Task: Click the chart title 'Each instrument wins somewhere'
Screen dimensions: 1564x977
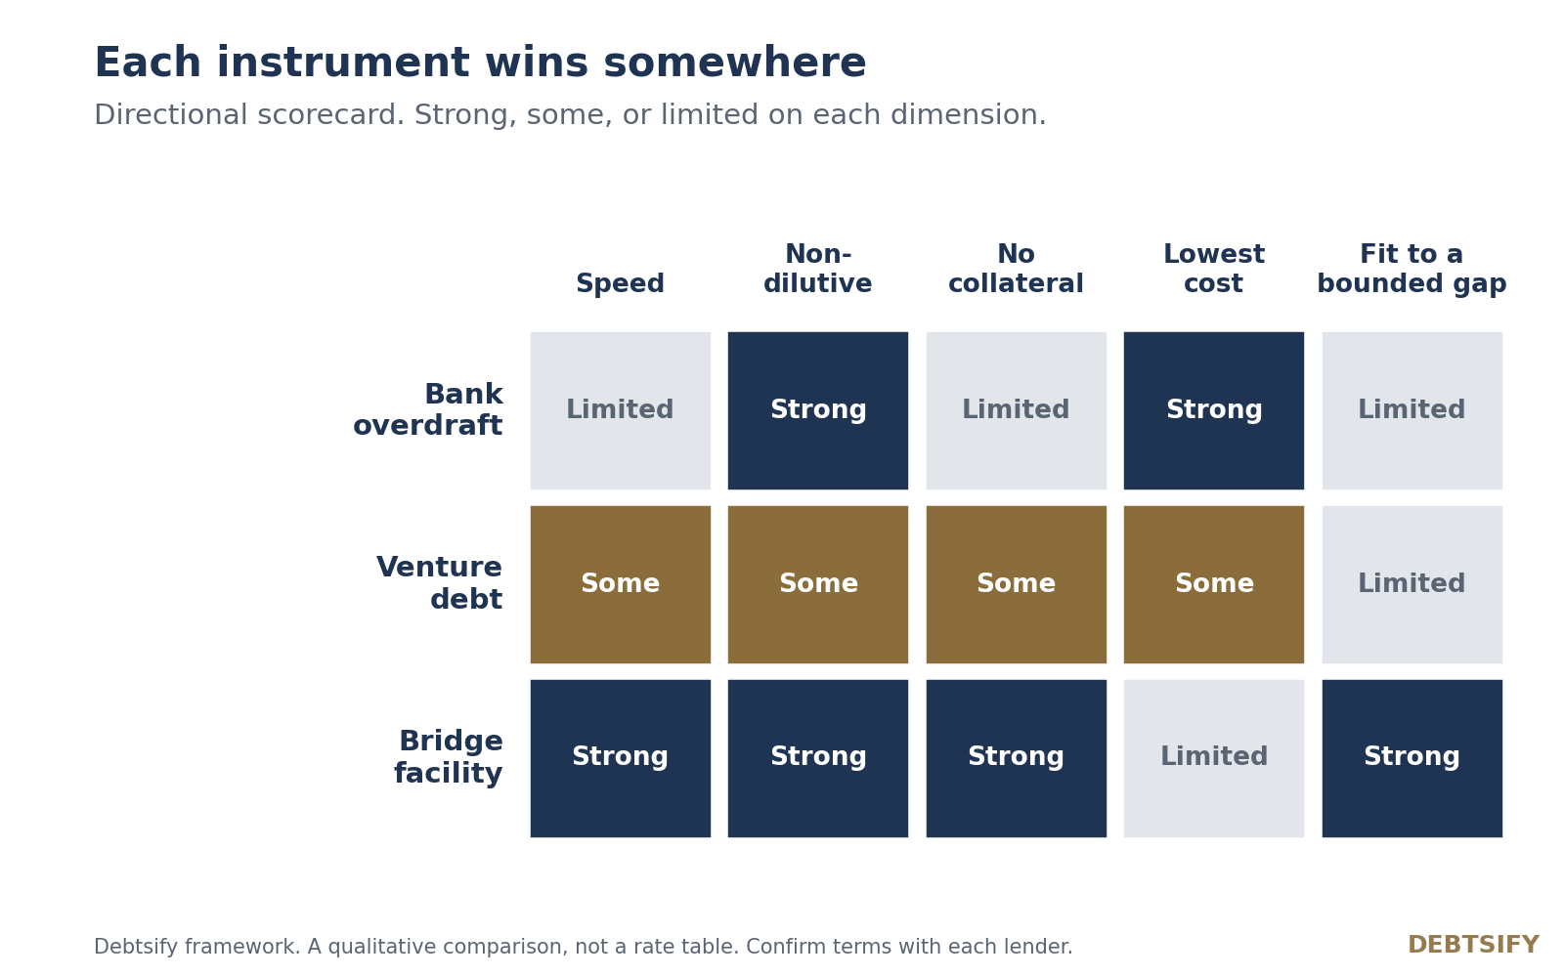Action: click(480, 63)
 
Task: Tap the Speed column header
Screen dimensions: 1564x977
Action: click(620, 283)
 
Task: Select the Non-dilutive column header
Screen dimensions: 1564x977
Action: click(817, 269)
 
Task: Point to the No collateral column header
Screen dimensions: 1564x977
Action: click(1016, 269)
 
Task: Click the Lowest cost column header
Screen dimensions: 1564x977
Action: click(1213, 269)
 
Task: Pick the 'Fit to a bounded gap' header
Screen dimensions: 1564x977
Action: click(1412, 269)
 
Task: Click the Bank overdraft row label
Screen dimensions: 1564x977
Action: click(428, 409)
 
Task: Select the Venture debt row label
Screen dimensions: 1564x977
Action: click(439, 582)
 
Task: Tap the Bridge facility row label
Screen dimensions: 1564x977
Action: click(449, 757)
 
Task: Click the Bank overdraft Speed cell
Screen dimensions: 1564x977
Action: click(621, 410)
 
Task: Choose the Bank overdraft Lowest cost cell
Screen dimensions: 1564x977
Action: click(1213, 410)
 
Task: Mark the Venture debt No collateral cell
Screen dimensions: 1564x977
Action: click(1016, 584)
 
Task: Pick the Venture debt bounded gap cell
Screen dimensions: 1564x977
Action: click(1412, 584)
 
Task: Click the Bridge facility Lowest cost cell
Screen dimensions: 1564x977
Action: click(1213, 758)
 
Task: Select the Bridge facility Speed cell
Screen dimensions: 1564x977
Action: click(621, 758)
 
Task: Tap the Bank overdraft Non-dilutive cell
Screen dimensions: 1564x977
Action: click(817, 410)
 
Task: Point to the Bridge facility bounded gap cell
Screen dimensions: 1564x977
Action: click(1412, 758)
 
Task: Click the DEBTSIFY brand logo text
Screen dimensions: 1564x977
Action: click(1473, 945)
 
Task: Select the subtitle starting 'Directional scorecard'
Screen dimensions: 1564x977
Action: click(571, 115)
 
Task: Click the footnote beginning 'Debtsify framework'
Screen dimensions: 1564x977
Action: click(583, 947)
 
